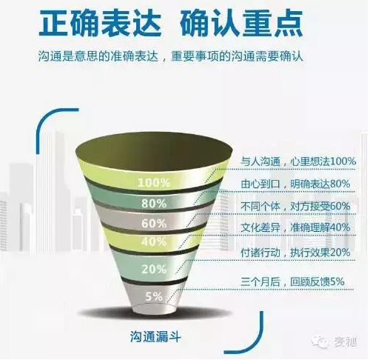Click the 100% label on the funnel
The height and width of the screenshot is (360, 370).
point(154,183)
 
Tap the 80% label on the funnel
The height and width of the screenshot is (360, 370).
point(154,204)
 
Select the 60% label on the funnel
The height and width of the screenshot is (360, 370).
point(154,224)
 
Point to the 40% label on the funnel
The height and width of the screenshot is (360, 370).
point(154,241)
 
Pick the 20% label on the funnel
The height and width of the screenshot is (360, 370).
point(154,269)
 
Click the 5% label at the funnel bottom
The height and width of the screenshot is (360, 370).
point(154,296)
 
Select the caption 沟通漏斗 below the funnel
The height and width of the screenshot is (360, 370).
point(155,336)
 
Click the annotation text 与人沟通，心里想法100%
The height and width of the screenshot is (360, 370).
point(298,161)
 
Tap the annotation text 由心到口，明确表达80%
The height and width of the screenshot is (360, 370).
point(295,184)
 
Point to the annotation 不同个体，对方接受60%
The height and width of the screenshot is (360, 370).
point(295,206)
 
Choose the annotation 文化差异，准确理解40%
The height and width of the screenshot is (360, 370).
point(295,227)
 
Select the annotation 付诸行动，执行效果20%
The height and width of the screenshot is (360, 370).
point(295,253)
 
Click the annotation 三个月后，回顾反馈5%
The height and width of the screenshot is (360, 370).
point(292,281)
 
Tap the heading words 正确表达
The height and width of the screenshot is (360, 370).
point(101,24)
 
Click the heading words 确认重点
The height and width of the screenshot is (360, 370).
point(241,24)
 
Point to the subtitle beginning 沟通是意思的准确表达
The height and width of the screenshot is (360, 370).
point(171,57)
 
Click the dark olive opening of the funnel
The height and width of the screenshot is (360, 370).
point(154,151)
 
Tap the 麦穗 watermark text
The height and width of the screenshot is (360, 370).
point(346,342)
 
